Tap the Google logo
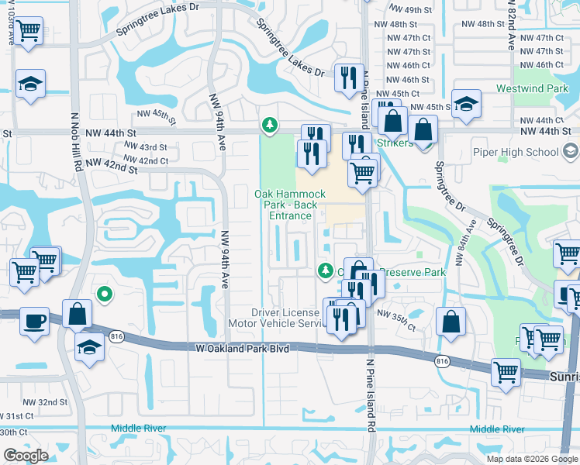click(x=26, y=456)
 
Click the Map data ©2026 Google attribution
click(x=532, y=459)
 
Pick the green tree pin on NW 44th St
click(x=269, y=124)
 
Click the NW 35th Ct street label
click(x=395, y=314)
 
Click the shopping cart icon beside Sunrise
click(x=506, y=370)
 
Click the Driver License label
click(x=285, y=312)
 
